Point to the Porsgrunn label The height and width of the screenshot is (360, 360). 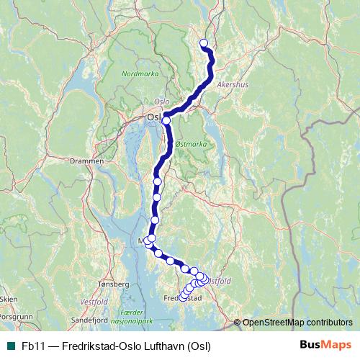pos(17,316)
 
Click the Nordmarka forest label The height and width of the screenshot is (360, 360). pos(138,73)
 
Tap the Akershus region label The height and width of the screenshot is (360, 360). pos(231,84)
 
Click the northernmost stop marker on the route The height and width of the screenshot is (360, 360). pos(203,42)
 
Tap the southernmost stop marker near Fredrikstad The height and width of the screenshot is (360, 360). pos(183,297)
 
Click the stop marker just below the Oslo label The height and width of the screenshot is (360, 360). pos(166,120)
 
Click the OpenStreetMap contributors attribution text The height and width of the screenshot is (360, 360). pos(297,323)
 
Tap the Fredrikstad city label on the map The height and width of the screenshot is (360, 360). pos(181,298)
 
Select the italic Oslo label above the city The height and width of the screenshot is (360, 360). pos(161,102)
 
